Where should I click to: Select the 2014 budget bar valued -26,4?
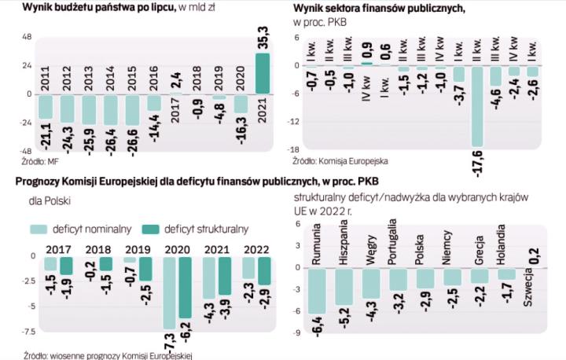tap(110, 109)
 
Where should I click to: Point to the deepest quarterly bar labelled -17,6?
tap(477, 105)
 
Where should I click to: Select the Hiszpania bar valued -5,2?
tap(344, 286)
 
